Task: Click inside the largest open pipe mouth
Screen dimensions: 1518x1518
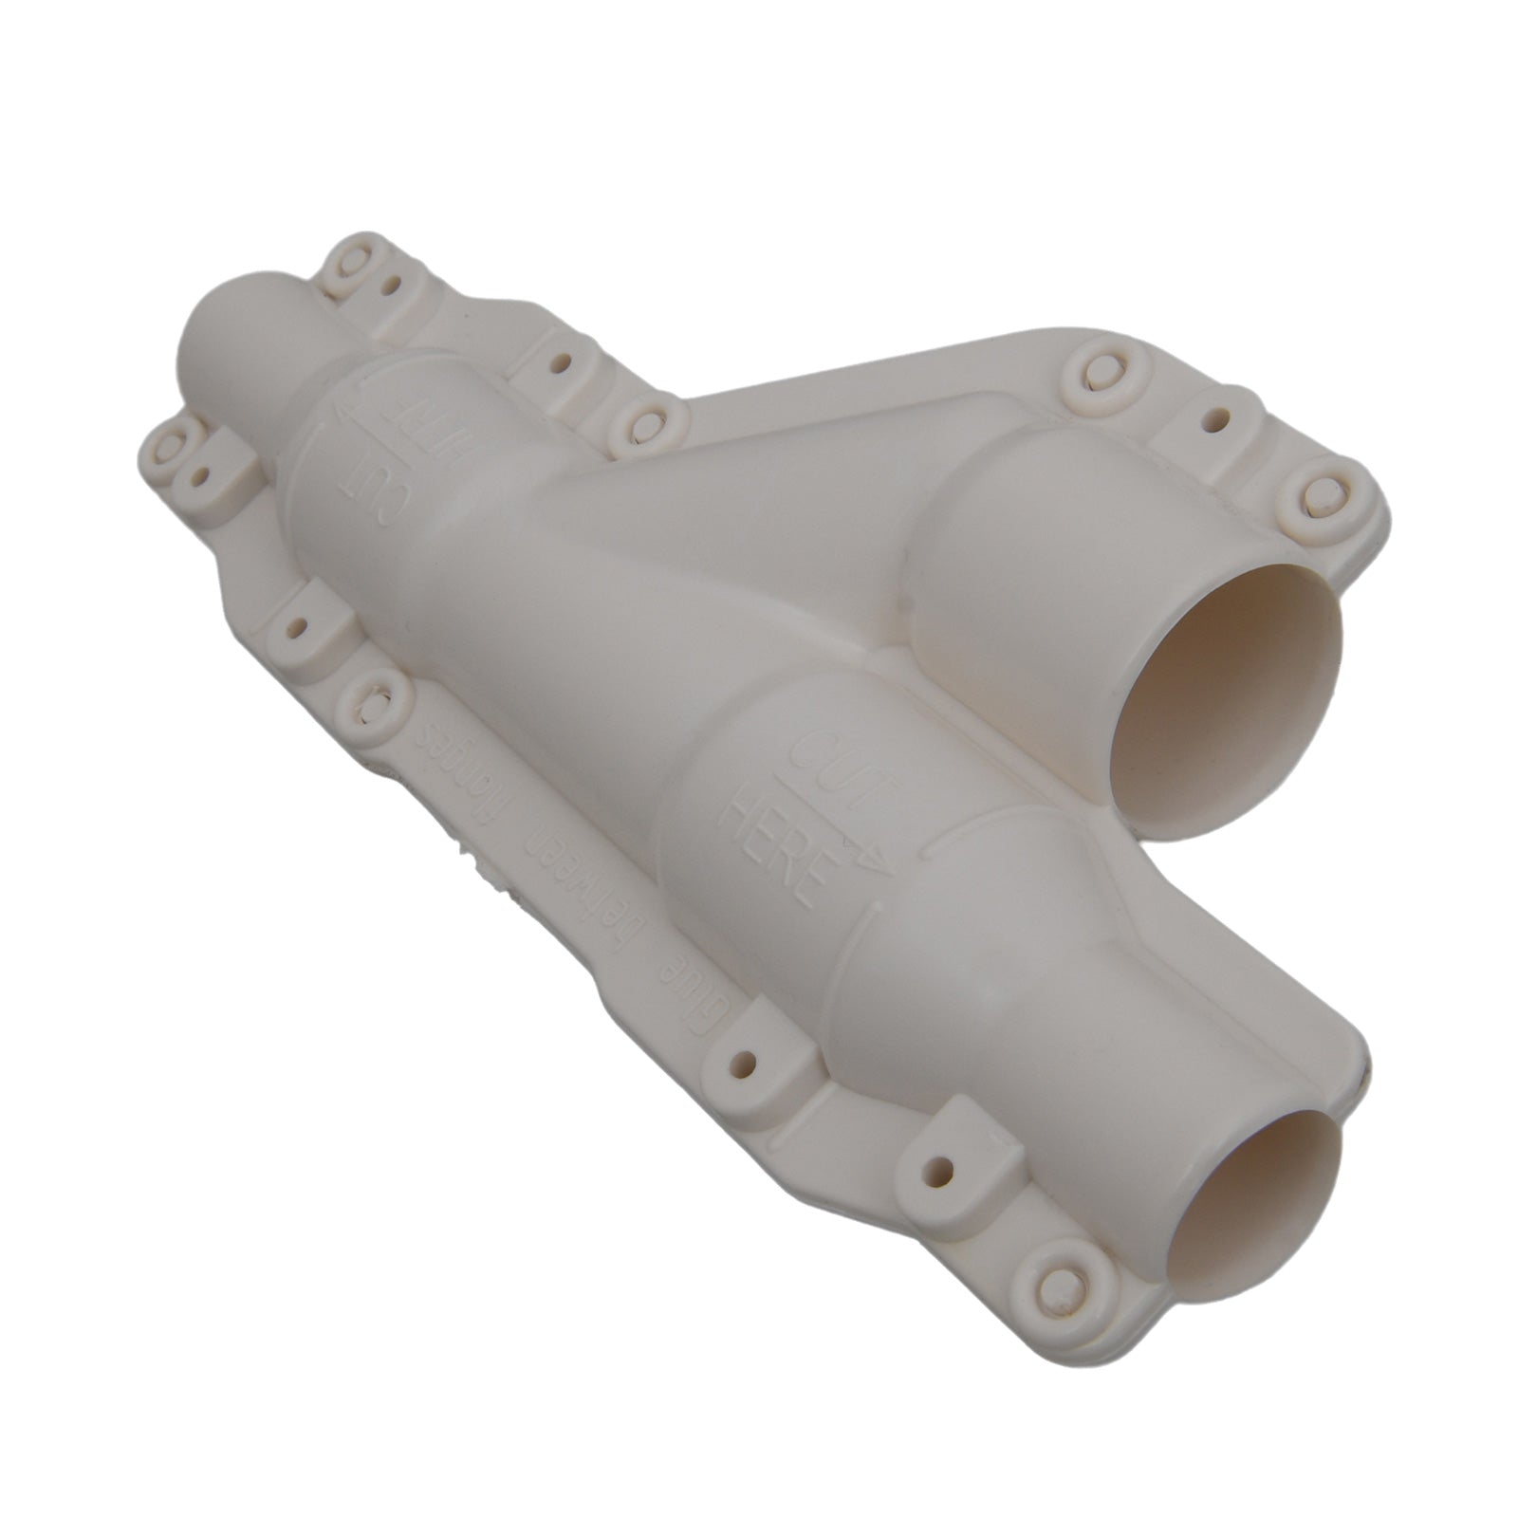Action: coord(1224,707)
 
